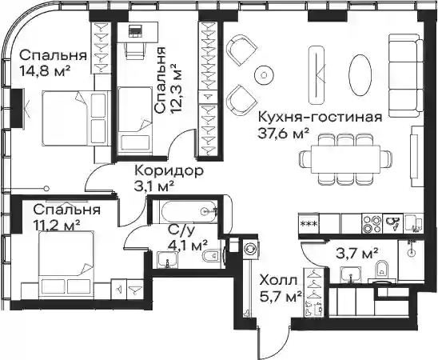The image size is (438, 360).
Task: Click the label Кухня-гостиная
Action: tap(320, 118)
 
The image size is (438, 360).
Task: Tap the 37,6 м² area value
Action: tap(284, 134)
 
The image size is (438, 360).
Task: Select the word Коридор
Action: tap(169, 170)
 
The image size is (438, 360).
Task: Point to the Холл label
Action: tap(278, 280)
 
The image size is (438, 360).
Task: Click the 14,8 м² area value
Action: tap(45, 71)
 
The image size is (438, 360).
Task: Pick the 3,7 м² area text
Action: tap(356, 254)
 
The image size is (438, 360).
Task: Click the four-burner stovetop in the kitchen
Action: tap(372, 224)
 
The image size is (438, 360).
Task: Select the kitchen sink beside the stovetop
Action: tap(392, 224)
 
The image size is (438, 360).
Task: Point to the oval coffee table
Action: tap(360, 74)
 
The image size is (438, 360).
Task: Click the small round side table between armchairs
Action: tap(264, 74)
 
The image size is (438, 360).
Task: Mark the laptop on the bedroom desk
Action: tap(136, 30)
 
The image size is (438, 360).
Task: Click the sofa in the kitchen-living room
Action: tap(406, 75)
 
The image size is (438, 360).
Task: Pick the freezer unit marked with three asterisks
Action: tap(309, 224)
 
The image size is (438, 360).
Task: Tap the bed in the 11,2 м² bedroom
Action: tap(66, 262)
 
